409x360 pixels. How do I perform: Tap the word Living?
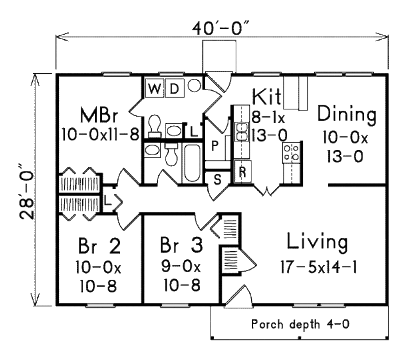(317, 243)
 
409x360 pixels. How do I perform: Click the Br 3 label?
(181, 245)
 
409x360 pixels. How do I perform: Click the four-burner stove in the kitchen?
(291, 153)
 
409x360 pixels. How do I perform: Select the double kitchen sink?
(242, 132)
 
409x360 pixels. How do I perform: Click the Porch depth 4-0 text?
(301, 323)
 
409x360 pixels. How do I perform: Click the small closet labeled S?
(218, 179)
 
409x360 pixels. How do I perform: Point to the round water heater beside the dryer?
(194, 86)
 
